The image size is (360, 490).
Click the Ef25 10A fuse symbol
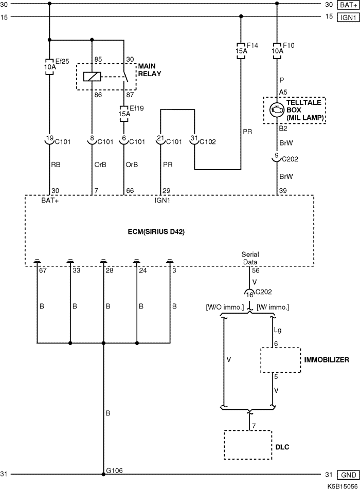(x=49, y=66)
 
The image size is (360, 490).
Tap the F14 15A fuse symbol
(x=241, y=51)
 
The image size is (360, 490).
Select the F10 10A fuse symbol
(x=277, y=51)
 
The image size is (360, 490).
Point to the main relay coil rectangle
(x=92, y=77)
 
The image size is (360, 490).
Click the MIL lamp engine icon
(x=277, y=110)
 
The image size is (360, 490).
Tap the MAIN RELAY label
(x=150, y=70)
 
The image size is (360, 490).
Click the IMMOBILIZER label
(x=327, y=360)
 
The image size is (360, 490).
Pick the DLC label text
(x=282, y=447)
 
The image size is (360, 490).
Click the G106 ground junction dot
(x=103, y=474)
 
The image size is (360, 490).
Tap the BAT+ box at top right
(x=349, y=5)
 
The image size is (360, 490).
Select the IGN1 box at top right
(x=349, y=17)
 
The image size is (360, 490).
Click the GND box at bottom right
(x=349, y=475)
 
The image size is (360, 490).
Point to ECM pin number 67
(x=43, y=270)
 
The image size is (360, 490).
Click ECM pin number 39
(x=282, y=191)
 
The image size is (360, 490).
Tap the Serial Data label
(x=250, y=259)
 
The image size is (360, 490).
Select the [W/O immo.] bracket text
(x=225, y=307)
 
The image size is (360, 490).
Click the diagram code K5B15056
(x=343, y=486)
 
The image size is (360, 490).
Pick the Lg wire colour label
(x=278, y=330)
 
